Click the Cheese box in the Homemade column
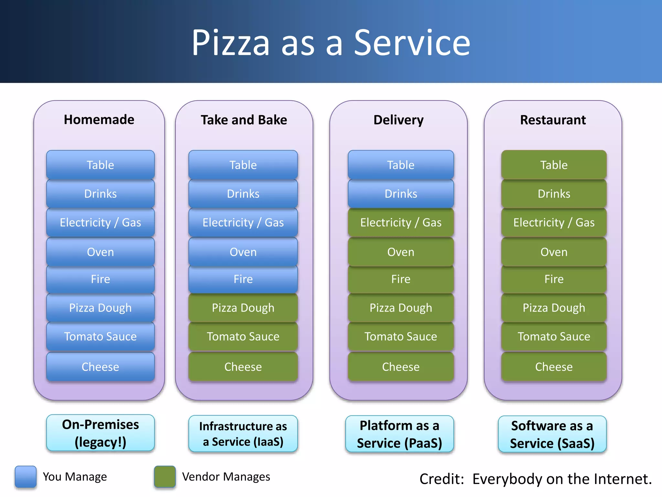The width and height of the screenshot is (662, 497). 100,367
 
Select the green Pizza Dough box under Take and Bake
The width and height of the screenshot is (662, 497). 243,308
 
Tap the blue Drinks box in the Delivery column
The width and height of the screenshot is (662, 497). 401,193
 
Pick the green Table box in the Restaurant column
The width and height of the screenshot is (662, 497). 554,165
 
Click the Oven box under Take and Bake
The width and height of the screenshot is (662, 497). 243,252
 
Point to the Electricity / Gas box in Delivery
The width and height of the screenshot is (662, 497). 401,222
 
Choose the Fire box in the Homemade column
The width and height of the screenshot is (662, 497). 100,279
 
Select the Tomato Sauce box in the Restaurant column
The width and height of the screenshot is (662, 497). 554,336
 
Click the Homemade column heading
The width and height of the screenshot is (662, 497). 99,119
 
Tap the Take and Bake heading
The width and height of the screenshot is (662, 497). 244,120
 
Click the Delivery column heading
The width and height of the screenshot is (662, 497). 398,120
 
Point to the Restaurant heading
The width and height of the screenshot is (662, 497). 553,120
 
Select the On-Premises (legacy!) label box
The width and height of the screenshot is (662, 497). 100,433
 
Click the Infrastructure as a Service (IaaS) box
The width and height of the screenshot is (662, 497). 243,434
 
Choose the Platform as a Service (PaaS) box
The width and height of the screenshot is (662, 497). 400,434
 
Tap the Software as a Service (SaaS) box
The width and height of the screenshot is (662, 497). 552,434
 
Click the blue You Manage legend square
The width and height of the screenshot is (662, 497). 26,476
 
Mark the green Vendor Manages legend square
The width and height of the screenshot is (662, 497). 165,476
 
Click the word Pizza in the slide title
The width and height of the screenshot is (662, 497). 230,43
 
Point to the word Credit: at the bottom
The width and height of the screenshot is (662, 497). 442,479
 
